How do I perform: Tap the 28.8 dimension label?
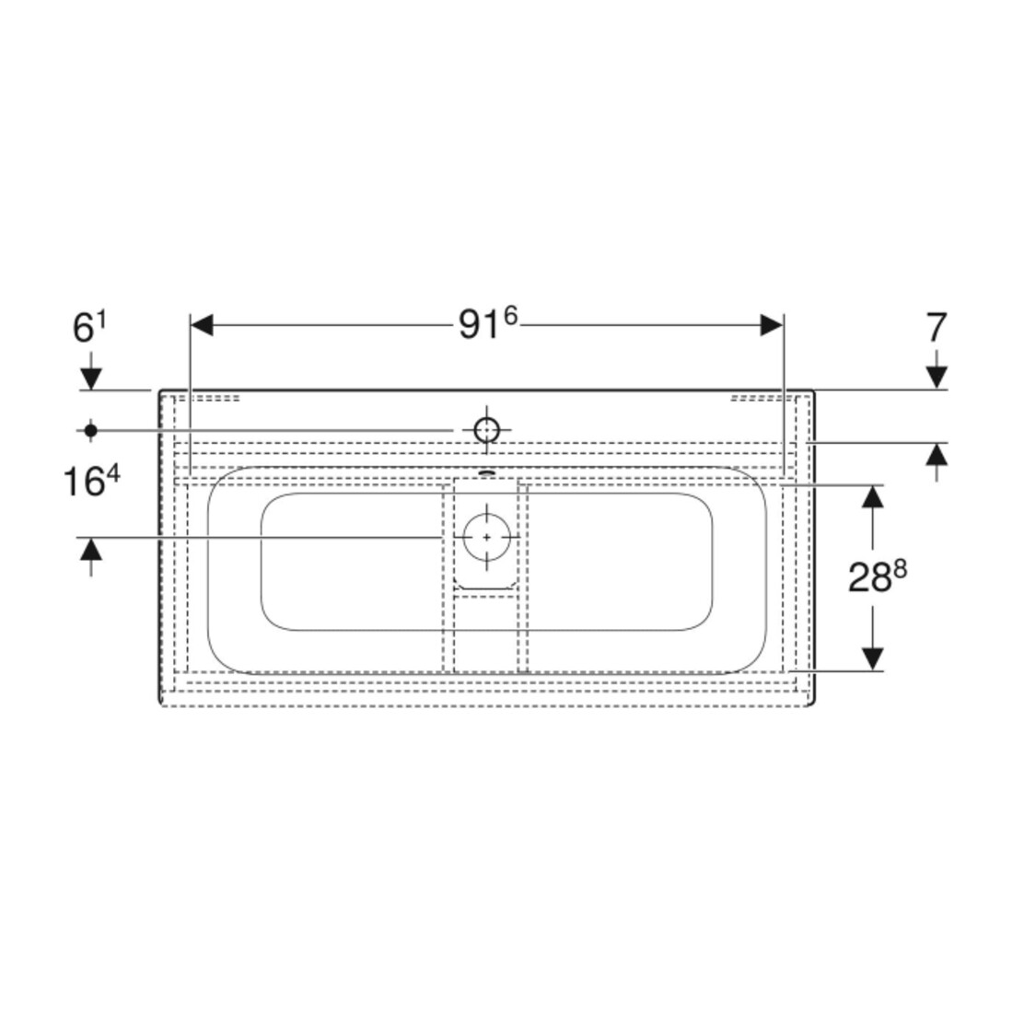877,576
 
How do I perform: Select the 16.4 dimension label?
92,482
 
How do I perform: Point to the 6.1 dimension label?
89,328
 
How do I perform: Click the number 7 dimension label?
937,328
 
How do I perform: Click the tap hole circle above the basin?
486,430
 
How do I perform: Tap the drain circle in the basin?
486,537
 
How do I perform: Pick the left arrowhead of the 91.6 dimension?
203,325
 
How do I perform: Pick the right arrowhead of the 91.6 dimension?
772,325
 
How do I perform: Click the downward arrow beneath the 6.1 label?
91,371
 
